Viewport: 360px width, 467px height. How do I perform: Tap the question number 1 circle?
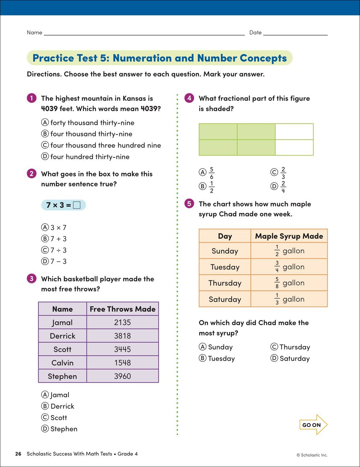(32, 98)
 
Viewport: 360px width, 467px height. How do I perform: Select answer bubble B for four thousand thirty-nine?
(45, 134)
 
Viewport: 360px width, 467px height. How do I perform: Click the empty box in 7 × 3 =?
(77, 205)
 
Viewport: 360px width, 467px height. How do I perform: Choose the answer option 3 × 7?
(54, 227)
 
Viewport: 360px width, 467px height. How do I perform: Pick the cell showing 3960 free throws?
(122, 376)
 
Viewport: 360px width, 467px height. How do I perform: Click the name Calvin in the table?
(62, 363)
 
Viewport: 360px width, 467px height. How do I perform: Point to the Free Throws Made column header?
(122, 309)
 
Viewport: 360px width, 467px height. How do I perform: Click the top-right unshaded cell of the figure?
(294, 132)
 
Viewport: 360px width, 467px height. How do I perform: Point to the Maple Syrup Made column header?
(289, 236)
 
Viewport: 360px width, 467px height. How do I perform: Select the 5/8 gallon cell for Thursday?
(289, 283)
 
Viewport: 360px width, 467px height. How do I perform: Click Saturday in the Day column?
(225, 299)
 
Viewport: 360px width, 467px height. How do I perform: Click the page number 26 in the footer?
(18, 454)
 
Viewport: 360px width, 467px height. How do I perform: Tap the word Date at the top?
(255, 32)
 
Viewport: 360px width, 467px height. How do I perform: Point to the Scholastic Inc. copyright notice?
(312, 455)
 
